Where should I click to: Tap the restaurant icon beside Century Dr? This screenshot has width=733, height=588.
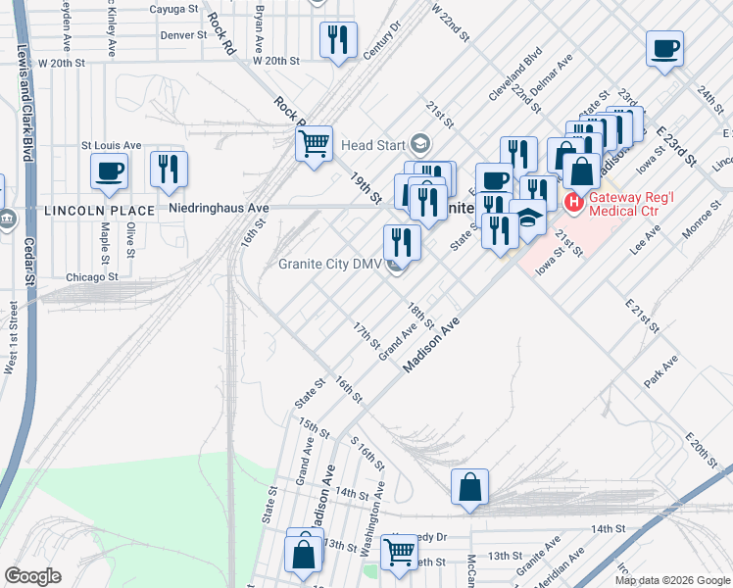tap(337, 40)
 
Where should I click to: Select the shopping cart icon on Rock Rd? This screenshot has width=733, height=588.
tap(314, 144)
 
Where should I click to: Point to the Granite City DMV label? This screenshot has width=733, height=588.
tap(329, 264)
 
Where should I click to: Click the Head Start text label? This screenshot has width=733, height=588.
tap(371, 145)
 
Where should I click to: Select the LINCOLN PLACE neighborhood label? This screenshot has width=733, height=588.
tap(98, 211)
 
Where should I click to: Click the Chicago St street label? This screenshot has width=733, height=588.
tap(91, 277)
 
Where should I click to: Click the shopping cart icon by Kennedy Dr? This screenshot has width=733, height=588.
tap(399, 552)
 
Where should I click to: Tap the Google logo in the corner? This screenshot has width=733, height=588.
tap(32, 576)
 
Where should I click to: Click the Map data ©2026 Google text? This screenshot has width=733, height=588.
tap(671, 580)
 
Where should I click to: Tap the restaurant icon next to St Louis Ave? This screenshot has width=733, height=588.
tap(169, 171)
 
